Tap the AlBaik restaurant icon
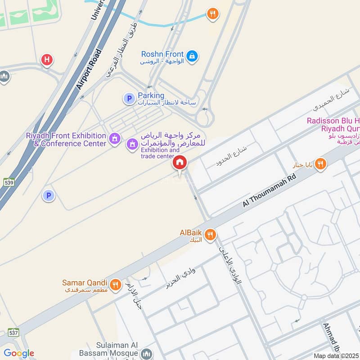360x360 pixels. pyautogui.click(x=210, y=234)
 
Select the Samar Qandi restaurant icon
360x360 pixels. pyautogui.click(x=116, y=284)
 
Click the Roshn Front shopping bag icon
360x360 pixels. pyautogui.click(x=192, y=56)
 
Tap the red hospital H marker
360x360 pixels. pyautogui.click(x=47, y=59)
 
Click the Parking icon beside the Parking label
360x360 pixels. pyautogui.click(x=129, y=99)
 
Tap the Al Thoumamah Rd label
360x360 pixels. pyautogui.click(x=270, y=190)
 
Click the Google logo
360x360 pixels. pyautogui.click(x=19, y=353)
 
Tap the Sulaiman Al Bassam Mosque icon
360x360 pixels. pyautogui.click(x=146, y=354)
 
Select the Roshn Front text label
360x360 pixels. pyautogui.click(x=162, y=54)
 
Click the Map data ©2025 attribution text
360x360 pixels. pyautogui.click(x=336, y=356)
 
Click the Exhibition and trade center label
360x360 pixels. pyautogui.click(x=160, y=153)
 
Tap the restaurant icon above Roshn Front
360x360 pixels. pyautogui.click(x=212, y=14)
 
